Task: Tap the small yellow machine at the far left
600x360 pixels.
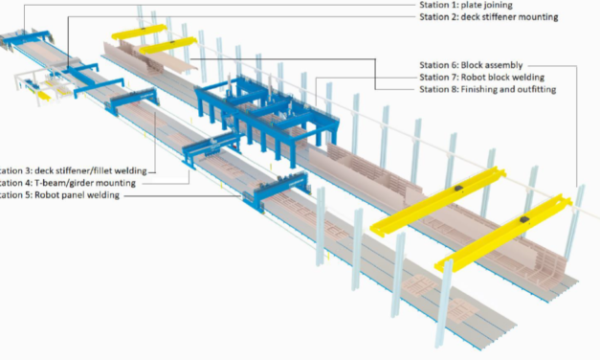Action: tap(39, 92)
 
